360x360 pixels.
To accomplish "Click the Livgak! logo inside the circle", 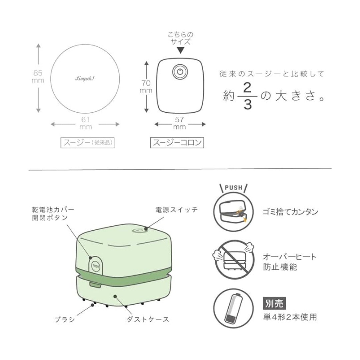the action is (x=85, y=79).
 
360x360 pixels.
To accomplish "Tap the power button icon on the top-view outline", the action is (x=180, y=72).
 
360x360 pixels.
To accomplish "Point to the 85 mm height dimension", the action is (x=38, y=76).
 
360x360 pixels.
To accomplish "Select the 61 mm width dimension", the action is (x=85, y=123).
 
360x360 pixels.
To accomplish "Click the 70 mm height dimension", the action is (x=146, y=87).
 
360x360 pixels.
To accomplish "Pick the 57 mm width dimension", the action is (x=179, y=123).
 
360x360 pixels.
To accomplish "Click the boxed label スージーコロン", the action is (x=177, y=143).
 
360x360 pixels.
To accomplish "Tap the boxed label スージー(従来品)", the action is (x=87, y=143).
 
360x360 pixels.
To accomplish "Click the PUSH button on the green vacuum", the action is (x=96, y=266).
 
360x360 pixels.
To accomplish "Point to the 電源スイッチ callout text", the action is (x=176, y=210).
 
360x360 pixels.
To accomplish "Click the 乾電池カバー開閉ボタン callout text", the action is (x=53, y=214).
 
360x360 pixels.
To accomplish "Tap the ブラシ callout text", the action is (x=65, y=319).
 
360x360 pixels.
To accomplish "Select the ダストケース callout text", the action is (x=148, y=319).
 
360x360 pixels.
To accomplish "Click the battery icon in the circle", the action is (x=233, y=308).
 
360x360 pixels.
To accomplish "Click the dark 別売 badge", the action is (x=274, y=303).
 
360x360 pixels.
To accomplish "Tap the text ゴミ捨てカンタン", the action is (x=290, y=212).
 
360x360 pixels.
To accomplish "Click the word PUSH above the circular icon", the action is (x=233, y=188).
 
